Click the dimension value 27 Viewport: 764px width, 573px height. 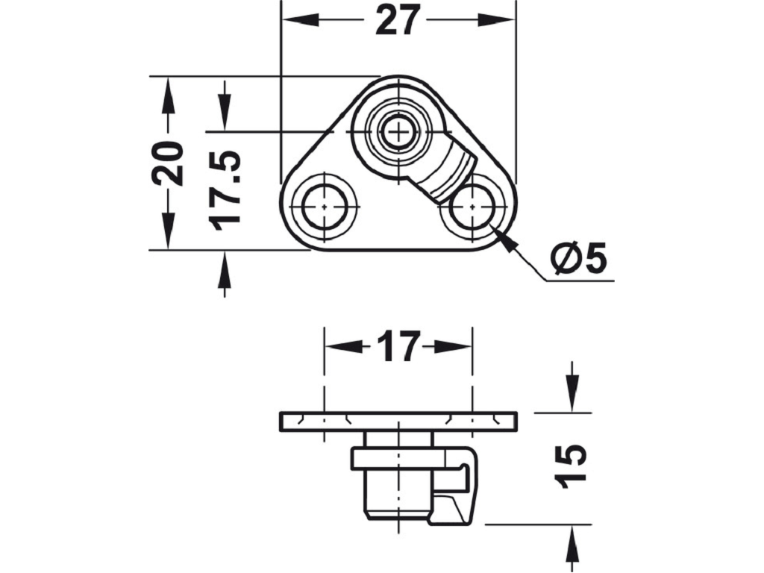(398, 20)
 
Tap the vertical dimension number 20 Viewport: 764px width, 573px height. (167, 163)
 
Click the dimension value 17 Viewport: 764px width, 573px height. (398, 346)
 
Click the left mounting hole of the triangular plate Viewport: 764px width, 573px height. (325, 207)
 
